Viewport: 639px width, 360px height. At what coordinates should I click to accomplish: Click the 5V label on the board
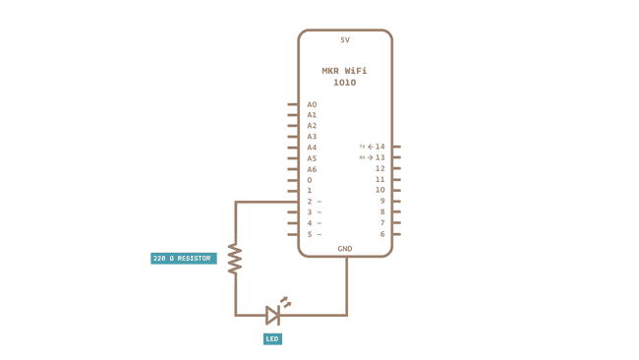(345, 40)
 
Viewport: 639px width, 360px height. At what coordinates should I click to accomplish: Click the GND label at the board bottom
(345, 249)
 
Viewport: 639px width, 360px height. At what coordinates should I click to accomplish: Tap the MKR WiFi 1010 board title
(345, 77)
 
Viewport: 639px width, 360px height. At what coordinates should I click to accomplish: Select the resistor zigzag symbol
(235, 259)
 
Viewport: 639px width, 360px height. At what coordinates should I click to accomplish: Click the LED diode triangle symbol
(273, 315)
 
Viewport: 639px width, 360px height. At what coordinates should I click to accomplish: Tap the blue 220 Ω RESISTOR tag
(183, 259)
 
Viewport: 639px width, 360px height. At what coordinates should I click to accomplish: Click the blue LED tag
(272, 338)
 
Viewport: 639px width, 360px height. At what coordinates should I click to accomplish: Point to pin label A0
(312, 104)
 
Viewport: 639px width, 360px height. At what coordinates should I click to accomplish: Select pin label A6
(312, 169)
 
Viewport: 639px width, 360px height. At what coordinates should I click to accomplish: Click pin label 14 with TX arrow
(379, 147)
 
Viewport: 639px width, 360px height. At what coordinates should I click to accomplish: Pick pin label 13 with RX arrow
(379, 157)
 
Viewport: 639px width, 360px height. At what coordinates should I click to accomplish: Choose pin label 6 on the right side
(382, 234)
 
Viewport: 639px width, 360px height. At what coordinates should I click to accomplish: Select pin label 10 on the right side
(380, 190)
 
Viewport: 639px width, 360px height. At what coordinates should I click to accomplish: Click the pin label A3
(312, 137)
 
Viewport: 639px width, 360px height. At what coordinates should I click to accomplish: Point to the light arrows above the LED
(285, 302)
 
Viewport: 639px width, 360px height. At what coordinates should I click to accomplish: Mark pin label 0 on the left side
(309, 180)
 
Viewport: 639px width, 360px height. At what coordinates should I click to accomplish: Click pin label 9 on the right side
(382, 201)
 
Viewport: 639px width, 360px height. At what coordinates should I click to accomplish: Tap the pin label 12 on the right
(380, 168)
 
